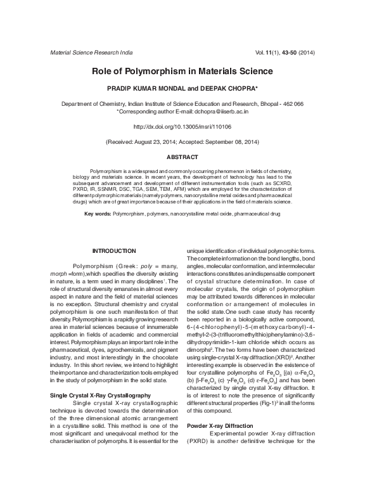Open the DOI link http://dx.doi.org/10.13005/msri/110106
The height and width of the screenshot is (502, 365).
tap(182, 126)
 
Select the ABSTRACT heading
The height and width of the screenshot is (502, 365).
tap(182, 157)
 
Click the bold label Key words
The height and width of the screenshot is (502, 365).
tap(98, 215)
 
